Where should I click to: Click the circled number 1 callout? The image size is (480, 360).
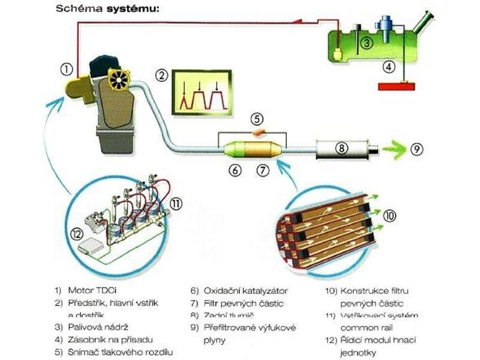tap(67, 69)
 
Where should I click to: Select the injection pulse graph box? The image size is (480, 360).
tap(202, 91)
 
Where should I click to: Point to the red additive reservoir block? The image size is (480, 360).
tap(397, 86)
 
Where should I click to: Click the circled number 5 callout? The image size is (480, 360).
tap(256, 118)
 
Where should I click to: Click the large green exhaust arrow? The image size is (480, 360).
tap(392, 148)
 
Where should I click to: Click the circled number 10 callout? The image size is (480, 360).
tap(389, 214)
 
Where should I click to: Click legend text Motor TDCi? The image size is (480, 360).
tap(88, 289)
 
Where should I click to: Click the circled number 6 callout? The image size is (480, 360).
tap(235, 170)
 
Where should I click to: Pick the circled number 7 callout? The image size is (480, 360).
tap(262, 170)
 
